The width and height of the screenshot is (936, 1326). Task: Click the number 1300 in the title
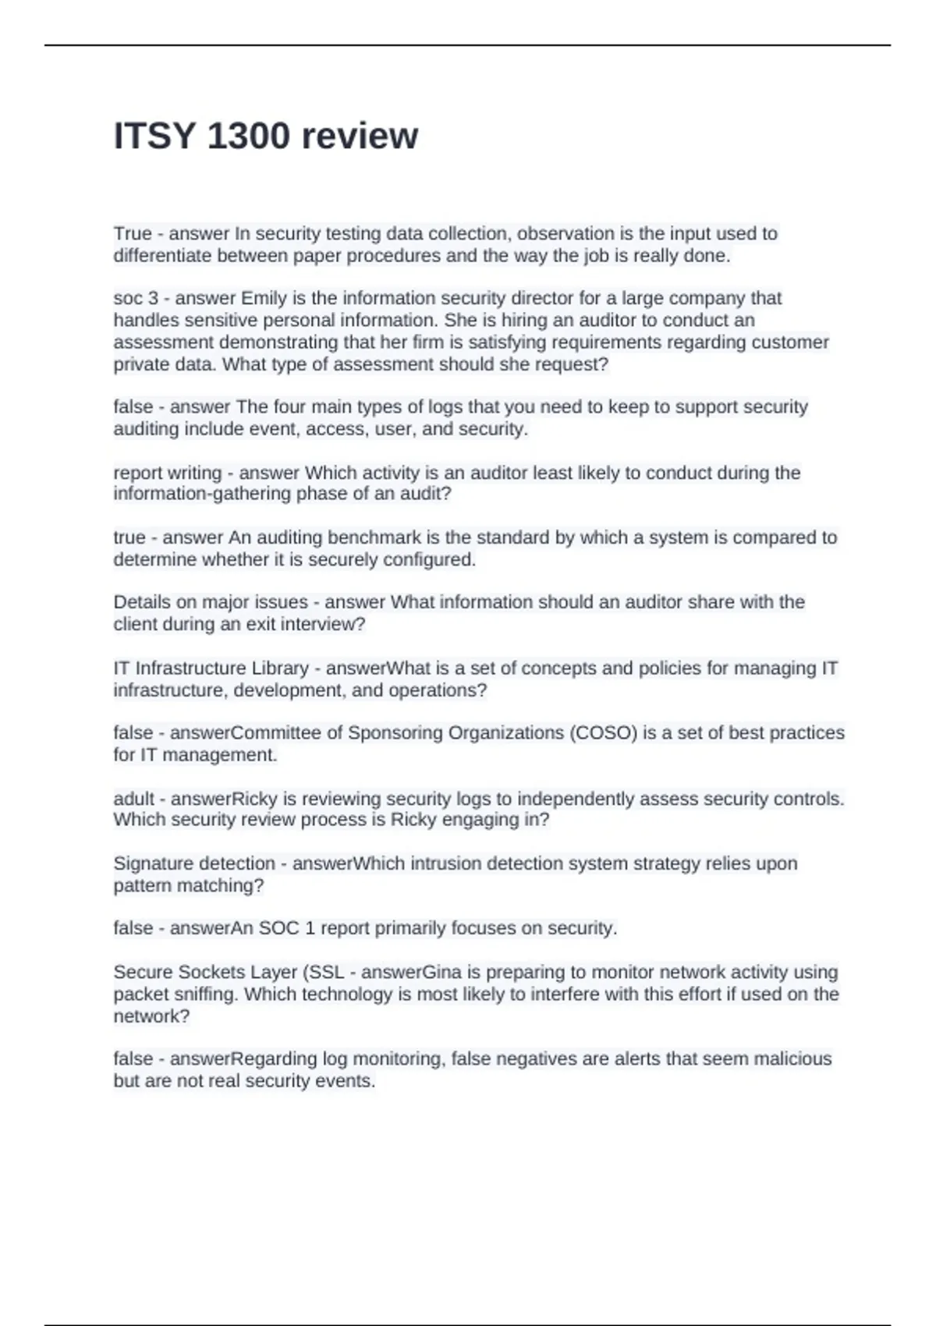[249, 136]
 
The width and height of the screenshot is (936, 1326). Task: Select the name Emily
[264, 298]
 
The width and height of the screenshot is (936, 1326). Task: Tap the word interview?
[322, 624]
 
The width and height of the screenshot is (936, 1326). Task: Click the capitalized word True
[133, 233]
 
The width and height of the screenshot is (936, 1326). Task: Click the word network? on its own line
[151, 1016]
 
